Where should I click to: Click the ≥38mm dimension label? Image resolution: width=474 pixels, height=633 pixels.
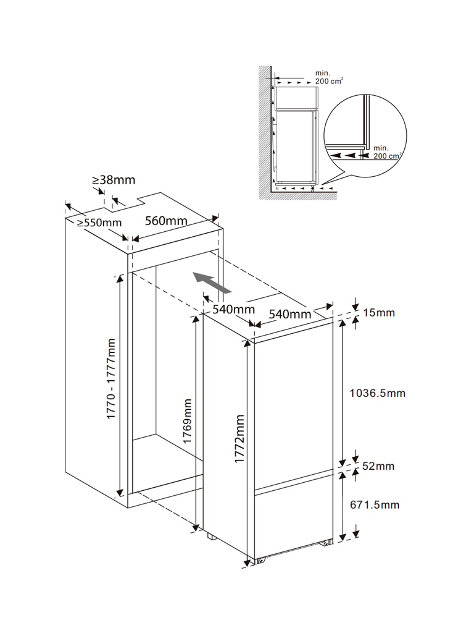pos(114,180)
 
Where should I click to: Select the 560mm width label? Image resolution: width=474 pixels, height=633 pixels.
pos(166,221)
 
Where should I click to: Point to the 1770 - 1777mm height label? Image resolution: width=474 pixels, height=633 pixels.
pos(111,379)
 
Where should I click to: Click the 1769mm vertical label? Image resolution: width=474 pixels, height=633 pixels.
pos(187,421)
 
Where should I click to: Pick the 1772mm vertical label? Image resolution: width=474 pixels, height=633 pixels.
pos(239,439)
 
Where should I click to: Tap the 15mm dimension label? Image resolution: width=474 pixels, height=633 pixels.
pos(379,313)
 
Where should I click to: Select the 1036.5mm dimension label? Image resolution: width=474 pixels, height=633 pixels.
pos(377,393)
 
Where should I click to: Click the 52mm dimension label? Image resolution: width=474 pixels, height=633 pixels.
pos(378,466)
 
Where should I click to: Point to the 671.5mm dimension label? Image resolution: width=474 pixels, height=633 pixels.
pos(375,504)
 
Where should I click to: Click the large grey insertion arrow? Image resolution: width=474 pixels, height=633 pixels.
pos(212,282)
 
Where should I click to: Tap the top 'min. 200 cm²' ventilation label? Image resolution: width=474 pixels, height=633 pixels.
pos(329,77)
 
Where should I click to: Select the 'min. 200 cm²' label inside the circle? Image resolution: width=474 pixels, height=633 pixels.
pos(387,152)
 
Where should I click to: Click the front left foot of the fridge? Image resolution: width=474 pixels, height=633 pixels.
pos(261,559)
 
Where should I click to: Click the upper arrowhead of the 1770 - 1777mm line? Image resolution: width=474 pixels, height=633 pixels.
pos(120,279)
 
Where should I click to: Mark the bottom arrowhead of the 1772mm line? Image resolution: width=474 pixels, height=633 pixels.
pos(247,563)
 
